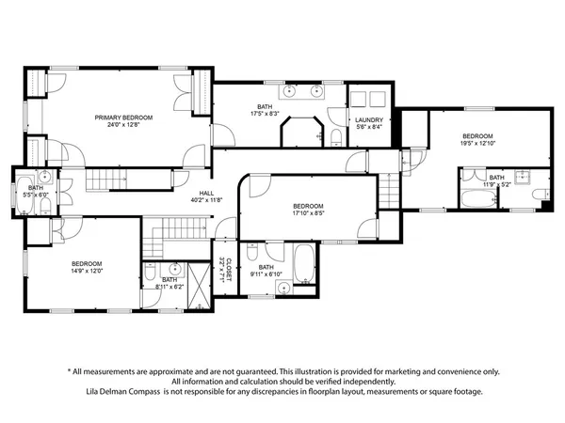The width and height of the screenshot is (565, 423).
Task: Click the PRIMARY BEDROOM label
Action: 123,117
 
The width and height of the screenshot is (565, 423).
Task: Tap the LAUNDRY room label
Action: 367,120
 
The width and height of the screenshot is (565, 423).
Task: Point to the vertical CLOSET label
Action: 224,271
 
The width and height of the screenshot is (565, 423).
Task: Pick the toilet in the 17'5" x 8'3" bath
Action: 336,139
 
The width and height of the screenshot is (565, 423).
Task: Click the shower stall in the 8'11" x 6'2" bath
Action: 199,282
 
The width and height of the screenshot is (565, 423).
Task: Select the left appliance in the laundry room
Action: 359,100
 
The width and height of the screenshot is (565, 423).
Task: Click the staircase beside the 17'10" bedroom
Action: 391,190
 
